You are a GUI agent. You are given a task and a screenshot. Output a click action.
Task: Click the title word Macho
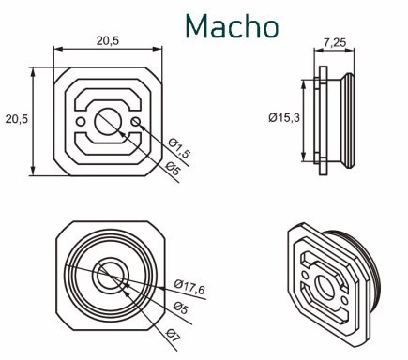(x=232, y=26)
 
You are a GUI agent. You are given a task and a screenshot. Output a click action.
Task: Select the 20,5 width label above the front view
(x=108, y=40)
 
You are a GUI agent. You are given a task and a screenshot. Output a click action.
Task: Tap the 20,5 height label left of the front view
(x=17, y=119)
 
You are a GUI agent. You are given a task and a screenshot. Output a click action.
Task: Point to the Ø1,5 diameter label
(x=179, y=148)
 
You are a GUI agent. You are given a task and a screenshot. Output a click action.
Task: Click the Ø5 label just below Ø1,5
(x=173, y=169)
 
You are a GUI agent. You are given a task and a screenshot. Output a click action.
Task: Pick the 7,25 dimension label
(x=335, y=42)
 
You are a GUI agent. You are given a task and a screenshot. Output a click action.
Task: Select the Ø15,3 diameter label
(x=284, y=117)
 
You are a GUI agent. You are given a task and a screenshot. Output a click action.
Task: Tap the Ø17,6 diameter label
(x=189, y=288)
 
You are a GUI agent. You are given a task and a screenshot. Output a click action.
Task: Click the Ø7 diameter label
(x=174, y=336)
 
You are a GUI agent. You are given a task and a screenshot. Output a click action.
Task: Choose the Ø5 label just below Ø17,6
(x=181, y=307)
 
